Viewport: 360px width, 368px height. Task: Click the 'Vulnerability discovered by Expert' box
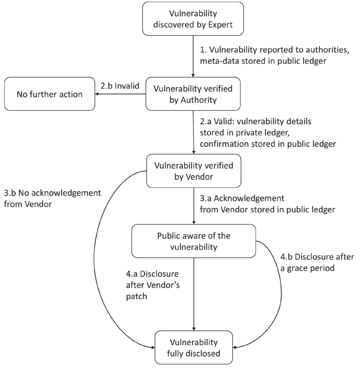(193, 19)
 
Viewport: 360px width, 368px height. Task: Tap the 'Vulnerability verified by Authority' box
(193, 93)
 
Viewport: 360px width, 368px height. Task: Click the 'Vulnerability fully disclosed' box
(193, 347)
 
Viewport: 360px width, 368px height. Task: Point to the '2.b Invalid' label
(120, 83)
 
